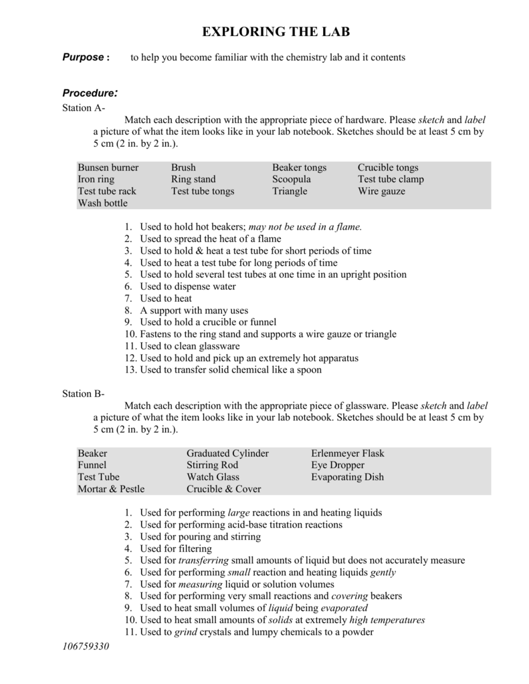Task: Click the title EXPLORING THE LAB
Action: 276,32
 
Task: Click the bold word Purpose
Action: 82,57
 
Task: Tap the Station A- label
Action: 84,108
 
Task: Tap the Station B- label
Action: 84,394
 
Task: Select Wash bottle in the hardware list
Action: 102,202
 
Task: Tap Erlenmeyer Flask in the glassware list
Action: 348,454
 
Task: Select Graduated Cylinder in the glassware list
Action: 227,454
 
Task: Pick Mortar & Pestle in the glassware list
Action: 111,489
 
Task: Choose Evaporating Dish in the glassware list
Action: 347,477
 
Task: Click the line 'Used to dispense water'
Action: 188,287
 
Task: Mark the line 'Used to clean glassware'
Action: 190,346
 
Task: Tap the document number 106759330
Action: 85,647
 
